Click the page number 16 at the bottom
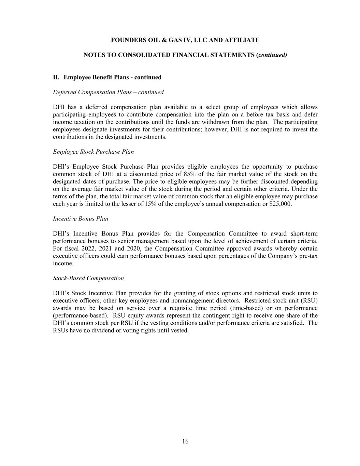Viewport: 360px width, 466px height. tap(185, 441)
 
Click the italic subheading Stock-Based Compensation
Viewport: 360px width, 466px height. tap(88, 278)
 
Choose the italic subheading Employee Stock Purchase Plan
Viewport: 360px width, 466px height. tap(93, 152)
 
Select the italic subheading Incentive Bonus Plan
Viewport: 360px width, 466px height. tap(81, 219)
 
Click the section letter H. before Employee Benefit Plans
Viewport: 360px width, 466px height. tap(56, 77)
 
